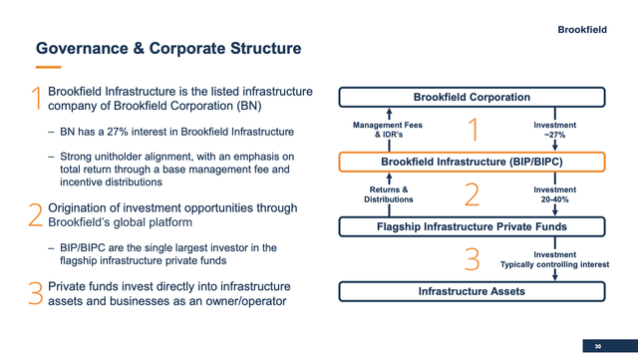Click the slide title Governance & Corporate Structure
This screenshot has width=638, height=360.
tap(168, 48)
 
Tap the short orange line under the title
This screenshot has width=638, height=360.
tap(48, 68)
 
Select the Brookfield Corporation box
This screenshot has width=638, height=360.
tap(472, 97)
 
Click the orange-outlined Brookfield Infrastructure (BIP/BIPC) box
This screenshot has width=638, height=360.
tap(472, 162)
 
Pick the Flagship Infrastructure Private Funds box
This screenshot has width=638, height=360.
tap(472, 226)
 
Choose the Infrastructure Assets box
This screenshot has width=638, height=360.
tap(472, 292)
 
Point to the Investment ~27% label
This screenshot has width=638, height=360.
tap(554, 130)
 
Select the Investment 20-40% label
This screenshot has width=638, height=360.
tap(554, 194)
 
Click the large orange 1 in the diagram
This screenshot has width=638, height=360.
tap(473, 130)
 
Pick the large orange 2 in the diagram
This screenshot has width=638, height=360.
tap(473, 194)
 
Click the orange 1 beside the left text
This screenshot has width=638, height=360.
tap(36, 98)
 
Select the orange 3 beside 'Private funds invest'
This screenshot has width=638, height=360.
tap(36, 293)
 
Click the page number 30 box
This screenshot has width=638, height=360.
tap(597, 345)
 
